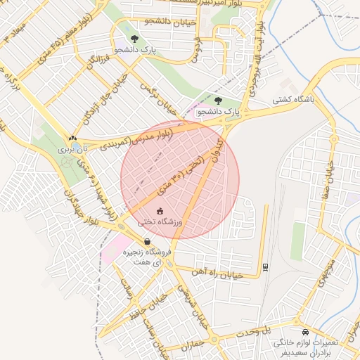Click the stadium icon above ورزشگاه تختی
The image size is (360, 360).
pyautogui.click(x=160, y=210)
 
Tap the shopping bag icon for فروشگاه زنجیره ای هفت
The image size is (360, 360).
pyautogui.click(x=146, y=241)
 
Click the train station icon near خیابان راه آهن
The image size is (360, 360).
pyautogui.click(x=264, y=266)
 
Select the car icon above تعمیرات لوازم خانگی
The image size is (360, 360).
pyautogui.click(x=304, y=331)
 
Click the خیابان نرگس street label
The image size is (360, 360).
pyautogui.click(x=157, y=98)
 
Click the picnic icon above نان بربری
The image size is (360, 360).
pyautogui.click(x=73, y=139)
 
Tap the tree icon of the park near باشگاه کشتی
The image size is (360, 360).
pyautogui.click(x=218, y=101)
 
